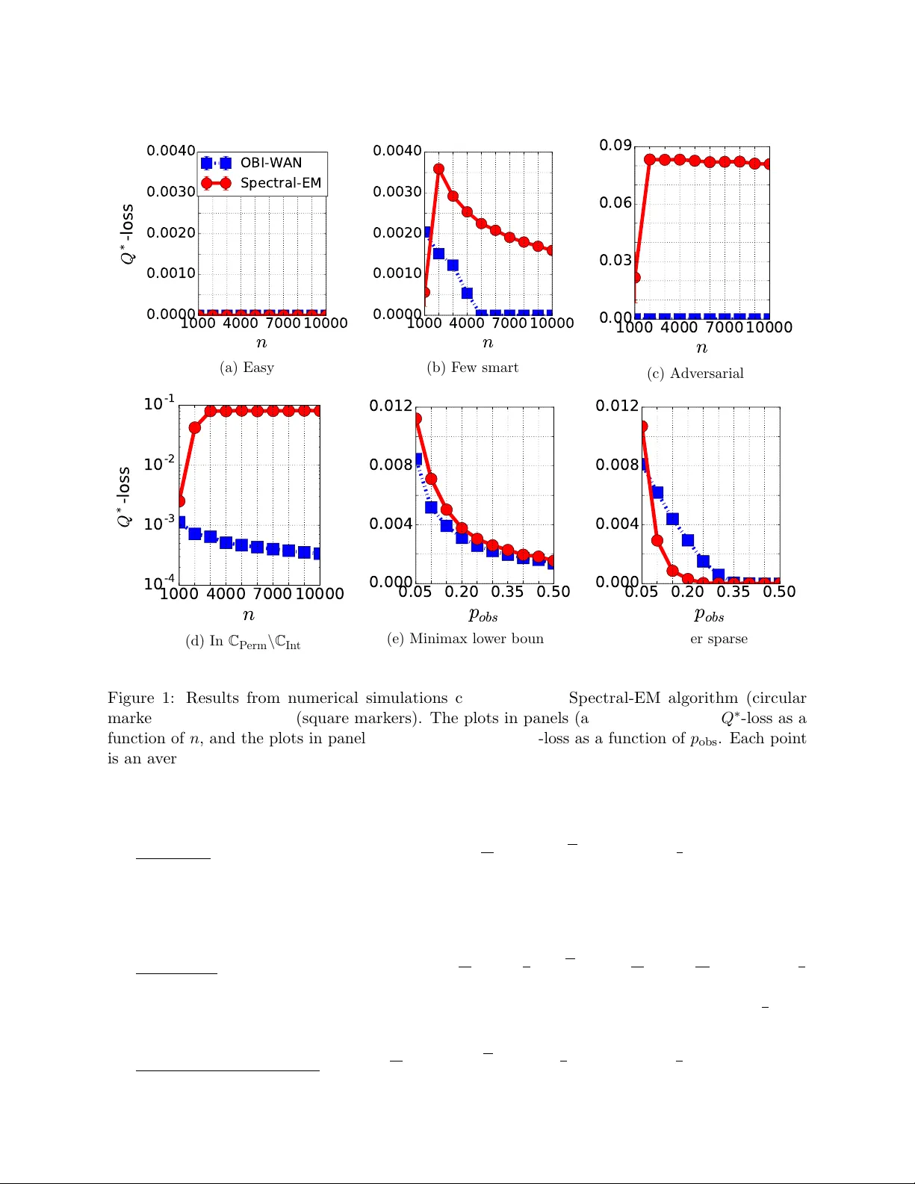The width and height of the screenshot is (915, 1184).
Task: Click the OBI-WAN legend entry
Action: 270,163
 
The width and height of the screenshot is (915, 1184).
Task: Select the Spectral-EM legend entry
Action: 280,183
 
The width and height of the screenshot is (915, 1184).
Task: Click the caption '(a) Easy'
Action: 246,368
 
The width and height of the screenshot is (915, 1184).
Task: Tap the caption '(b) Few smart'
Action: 472,368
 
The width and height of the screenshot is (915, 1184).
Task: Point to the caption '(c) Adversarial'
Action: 695,374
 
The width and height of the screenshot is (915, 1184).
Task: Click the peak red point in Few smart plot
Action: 438,169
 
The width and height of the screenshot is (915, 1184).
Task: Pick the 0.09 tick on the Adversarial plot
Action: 615,145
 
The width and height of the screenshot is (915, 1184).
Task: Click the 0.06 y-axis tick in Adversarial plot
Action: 615,202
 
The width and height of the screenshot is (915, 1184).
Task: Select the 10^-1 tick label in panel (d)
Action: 159,403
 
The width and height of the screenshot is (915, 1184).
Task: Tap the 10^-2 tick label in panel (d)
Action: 159,464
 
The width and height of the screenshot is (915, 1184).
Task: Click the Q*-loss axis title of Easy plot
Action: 128,233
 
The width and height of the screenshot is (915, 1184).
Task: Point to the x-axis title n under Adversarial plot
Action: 701,347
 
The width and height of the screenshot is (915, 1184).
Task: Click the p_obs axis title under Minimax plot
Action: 483,615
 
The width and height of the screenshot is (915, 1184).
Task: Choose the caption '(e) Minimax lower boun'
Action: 465,639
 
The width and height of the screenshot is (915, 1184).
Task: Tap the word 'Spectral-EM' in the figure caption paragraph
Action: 615,698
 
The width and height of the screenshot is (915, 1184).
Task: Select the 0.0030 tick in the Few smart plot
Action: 397,192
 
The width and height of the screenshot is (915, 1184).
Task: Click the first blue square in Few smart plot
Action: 427,232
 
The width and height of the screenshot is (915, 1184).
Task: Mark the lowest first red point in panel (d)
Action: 180,500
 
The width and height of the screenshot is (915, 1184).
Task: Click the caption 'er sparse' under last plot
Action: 719,639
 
